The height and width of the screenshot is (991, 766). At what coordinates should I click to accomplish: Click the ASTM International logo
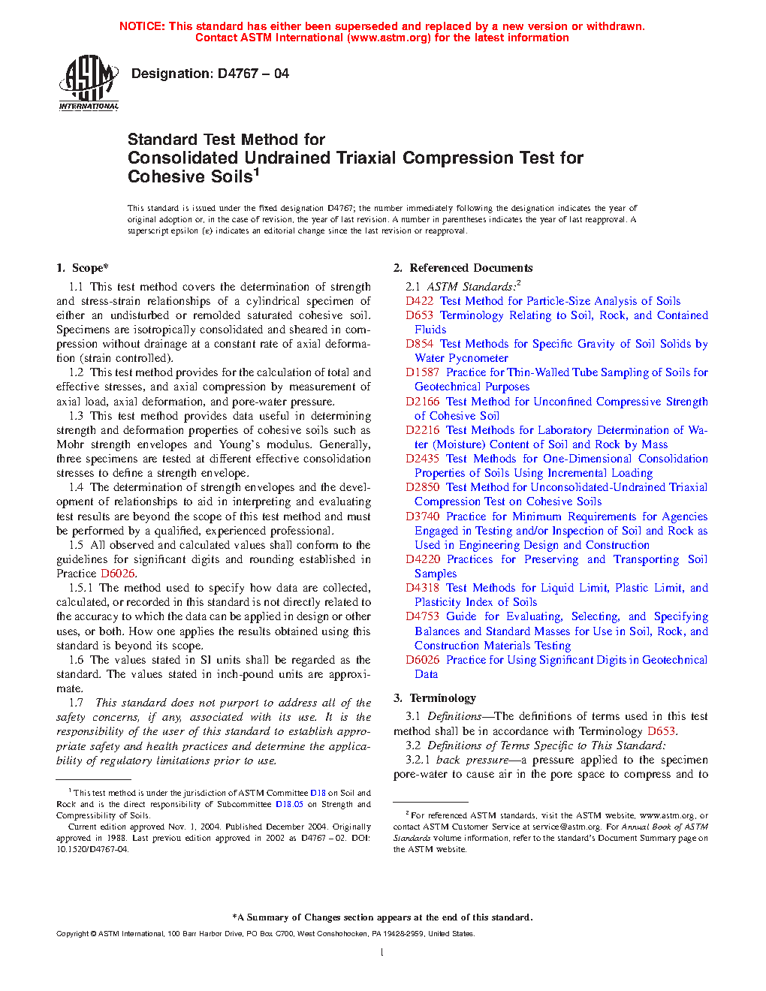point(89,83)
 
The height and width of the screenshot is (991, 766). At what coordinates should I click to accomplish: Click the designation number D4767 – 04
point(253,74)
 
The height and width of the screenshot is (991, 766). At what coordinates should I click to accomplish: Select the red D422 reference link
point(419,301)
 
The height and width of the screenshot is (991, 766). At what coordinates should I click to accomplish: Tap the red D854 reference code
point(419,344)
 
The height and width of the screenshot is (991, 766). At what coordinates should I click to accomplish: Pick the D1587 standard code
point(422,372)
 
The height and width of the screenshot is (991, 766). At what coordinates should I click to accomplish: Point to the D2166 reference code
point(422,402)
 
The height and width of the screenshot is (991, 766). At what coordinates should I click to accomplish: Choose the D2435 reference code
point(422,459)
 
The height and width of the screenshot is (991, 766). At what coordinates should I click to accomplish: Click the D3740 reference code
point(422,517)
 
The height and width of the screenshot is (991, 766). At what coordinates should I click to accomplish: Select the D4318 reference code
point(422,588)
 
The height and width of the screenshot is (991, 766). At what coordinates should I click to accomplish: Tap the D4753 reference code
point(422,616)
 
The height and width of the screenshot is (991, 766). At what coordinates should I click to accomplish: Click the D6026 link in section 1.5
point(118,574)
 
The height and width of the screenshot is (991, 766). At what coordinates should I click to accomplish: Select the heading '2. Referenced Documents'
point(463,268)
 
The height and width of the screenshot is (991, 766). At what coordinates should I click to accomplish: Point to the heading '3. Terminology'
point(435,698)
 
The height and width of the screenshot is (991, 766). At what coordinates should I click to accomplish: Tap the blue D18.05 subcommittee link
point(289,804)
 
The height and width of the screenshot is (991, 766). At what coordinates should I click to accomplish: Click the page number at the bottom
point(382,952)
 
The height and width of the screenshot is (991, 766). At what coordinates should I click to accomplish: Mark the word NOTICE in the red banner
point(141,26)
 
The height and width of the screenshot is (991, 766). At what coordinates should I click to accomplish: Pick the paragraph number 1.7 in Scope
point(76,703)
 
